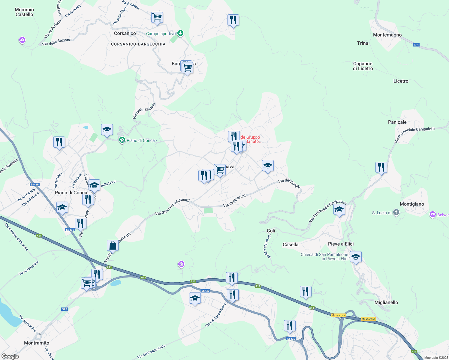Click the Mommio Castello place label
[24, 12]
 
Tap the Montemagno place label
[387, 35]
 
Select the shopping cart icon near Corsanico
[157, 17]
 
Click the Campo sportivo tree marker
[180, 33]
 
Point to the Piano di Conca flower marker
[122, 140]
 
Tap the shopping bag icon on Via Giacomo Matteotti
[113, 245]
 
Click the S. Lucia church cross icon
[396, 213]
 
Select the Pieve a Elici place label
[341, 244]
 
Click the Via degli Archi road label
[234, 201]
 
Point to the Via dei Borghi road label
[289, 183]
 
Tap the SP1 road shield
[416, 45]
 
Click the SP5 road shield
[65, 309]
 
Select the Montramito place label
[37, 343]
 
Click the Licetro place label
[401, 81]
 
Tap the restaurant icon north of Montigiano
[381, 167]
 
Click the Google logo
[10, 356]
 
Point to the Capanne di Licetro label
[363, 66]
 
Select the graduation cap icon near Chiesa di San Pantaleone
[356, 257]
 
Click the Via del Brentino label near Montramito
[28, 323]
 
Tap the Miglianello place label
[386, 302]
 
